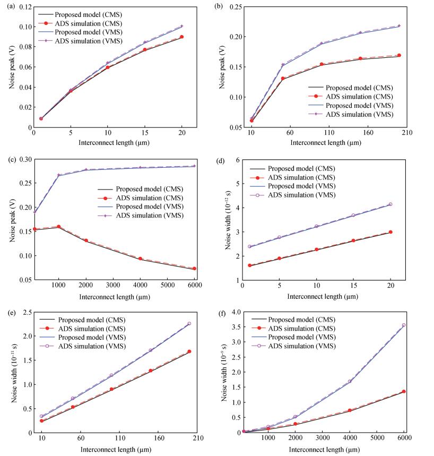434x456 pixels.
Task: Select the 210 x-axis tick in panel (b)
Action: click(405, 133)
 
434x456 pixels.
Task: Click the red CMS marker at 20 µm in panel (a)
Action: click(181, 37)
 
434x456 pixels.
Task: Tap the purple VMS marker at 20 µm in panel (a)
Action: click(181, 26)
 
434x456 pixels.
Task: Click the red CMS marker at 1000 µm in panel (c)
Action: click(58, 227)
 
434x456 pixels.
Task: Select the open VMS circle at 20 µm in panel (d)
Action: click(390, 204)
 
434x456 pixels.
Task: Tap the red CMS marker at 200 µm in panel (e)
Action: click(189, 351)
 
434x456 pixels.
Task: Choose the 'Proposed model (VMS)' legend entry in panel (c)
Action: click(149, 207)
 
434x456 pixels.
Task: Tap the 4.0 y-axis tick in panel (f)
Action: click(236, 313)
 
